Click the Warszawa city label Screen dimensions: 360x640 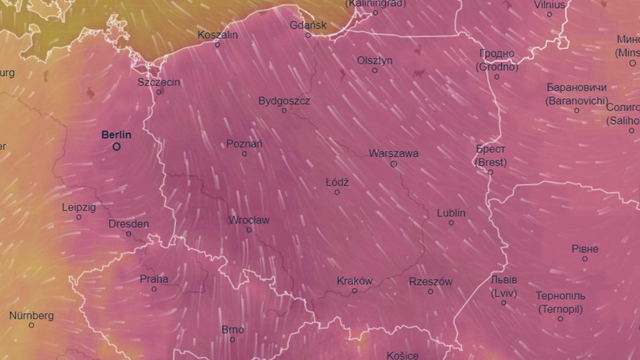coord(394,154)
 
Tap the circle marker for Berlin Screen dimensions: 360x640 coord(116,146)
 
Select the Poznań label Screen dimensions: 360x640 coord(244,144)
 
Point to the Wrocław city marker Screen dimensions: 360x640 coord(249,230)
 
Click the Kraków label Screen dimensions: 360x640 coord(355,281)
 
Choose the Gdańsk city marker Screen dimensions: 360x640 coord(308,35)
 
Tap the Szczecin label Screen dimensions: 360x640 coord(159,82)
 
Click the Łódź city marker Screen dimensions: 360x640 coord(337,192)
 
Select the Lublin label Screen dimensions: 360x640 coord(451,213)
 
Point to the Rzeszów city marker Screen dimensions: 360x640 coord(430,291)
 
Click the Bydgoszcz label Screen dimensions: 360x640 coord(284,101)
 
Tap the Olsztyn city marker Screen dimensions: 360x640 coord(374,70)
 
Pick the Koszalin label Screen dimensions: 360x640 coord(218,35)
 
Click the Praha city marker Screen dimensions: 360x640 coord(154,289)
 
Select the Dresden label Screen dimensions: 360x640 coord(129,224)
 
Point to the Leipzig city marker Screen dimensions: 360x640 coord(79,217)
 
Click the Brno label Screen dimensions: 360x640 coord(233,330)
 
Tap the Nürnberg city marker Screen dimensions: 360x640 coord(31,325)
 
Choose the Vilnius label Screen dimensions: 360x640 coord(549,5)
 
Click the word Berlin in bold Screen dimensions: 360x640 coord(116,135)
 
